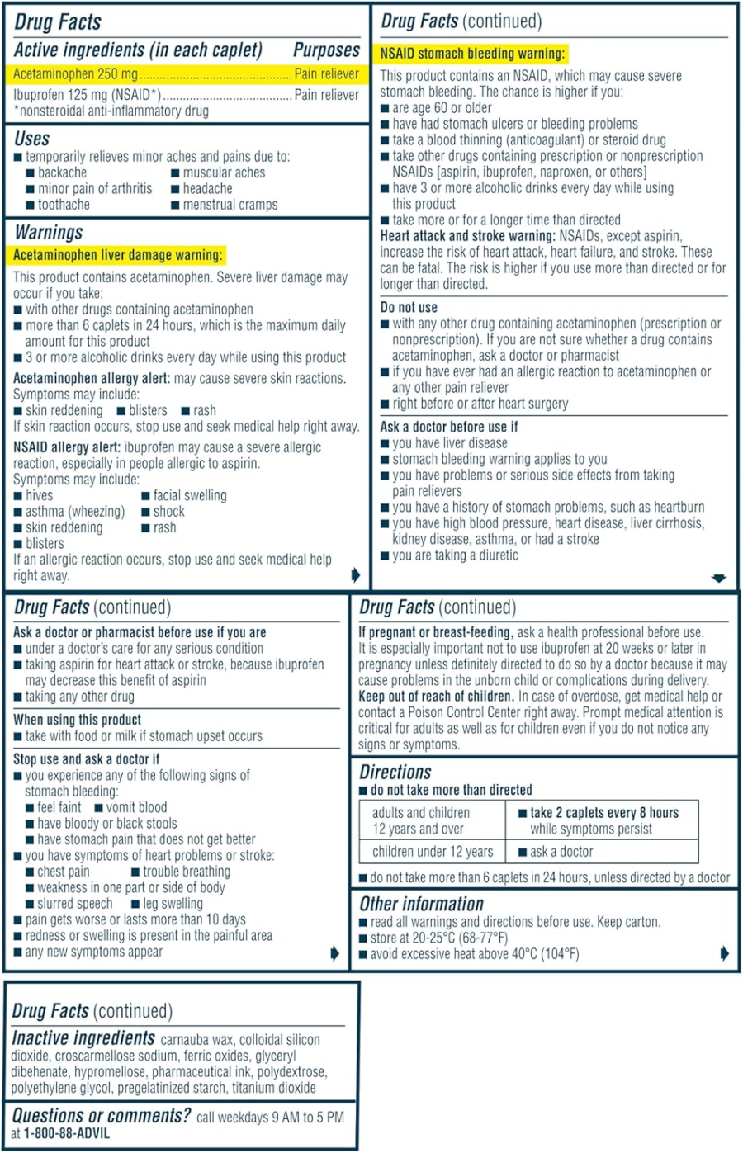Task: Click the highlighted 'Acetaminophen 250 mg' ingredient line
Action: (76, 74)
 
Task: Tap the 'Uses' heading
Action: (32, 139)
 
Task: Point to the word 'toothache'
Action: (64, 205)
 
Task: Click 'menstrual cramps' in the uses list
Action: (230, 205)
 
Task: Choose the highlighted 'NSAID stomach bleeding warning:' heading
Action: (472, 54)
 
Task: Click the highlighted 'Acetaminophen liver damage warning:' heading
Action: (118, 255)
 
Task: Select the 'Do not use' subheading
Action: (409, 307)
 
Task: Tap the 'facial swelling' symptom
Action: (189, 495)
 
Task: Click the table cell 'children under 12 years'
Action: (433, 852)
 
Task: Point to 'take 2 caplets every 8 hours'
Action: (604, 813)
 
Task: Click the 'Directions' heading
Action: (395, 773)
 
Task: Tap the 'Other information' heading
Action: (421, 904)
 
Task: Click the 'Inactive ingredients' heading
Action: (83, 1038)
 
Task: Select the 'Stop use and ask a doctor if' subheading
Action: (87, 758)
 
